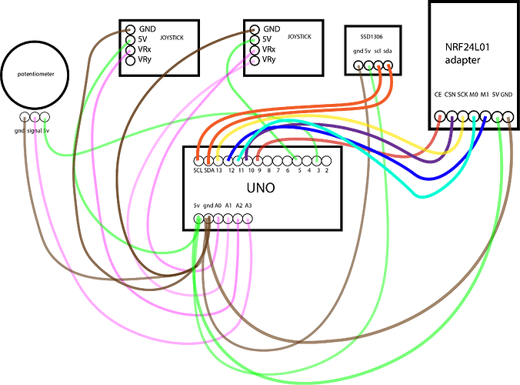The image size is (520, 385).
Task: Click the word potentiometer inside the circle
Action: (35, 74)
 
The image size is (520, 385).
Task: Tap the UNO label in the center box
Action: (261, 188)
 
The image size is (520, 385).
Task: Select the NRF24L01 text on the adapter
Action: (467, 47)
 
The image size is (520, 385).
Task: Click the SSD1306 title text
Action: (372, 36)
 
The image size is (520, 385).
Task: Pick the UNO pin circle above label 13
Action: (218, 161)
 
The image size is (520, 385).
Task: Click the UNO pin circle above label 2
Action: (326, 161)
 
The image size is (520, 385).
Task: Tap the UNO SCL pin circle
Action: (198, 161)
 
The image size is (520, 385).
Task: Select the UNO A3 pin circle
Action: (248, 219)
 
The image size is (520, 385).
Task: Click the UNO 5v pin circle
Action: (198, 219)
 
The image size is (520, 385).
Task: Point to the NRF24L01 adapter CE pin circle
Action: (439, 116)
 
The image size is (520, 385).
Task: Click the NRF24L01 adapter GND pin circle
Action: (508, 117)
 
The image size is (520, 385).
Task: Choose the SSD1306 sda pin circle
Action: (388, 65)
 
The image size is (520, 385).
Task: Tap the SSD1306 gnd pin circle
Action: (358, 65)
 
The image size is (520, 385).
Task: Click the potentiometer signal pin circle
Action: (35, 117)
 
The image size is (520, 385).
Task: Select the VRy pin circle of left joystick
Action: (130, 60)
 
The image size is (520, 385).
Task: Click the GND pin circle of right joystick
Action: (255, 29)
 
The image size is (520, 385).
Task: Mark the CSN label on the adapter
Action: (450, 95)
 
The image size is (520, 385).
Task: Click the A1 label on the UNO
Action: (228, 206)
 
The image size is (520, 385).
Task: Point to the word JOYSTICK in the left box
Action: (172, 38)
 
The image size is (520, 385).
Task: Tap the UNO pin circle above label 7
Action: (277, 161)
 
